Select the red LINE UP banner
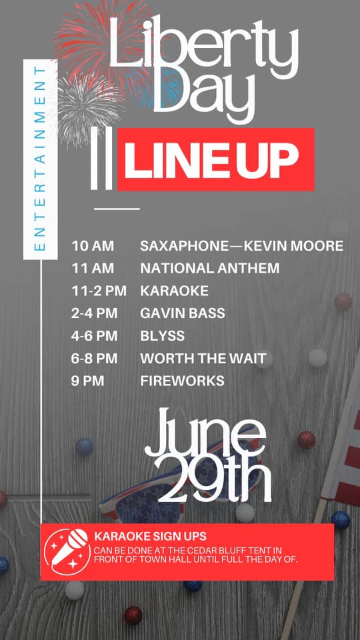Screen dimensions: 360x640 (215, 159)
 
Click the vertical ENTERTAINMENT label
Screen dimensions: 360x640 (41, 159)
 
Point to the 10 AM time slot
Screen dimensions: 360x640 (93, 246)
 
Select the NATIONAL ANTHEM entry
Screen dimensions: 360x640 (210, 268)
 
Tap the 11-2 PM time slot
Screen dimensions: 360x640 (99, 291)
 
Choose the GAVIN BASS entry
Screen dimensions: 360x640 (183, 313)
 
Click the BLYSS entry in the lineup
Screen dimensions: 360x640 (163, 336)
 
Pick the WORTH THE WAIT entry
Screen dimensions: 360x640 (203, 359)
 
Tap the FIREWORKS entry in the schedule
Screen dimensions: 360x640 (182, 381)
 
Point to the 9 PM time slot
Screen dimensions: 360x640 (88, 381)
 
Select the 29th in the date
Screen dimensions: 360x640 (213, 479)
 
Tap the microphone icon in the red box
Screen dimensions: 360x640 (67, 552)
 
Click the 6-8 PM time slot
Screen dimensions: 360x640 (94, 359)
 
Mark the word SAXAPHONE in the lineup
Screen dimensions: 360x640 (185, 246)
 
